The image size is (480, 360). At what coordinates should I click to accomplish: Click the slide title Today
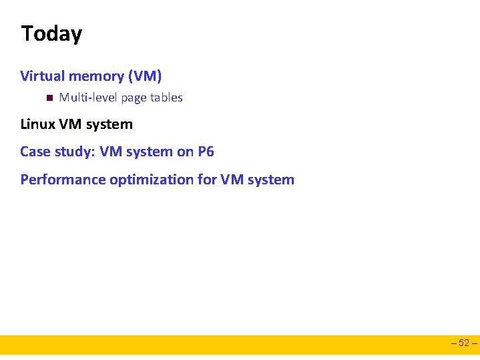[x=51, y=33]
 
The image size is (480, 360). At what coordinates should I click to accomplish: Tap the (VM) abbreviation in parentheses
[x=144, y=76]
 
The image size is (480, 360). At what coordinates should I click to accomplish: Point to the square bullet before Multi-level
[x=49, y=98]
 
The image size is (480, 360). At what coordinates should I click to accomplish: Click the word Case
[x=35, y=152]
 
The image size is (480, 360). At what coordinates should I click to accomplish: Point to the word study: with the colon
[x=74, y=152]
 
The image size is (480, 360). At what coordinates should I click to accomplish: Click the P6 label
[x=206, y=152]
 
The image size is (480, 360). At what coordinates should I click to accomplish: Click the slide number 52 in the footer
[x=464, y=344]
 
